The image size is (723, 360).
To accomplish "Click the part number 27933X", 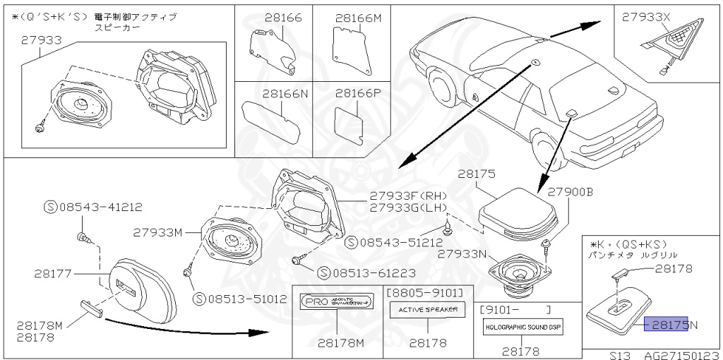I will [x=645, y=18].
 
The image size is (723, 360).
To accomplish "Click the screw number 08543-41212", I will [x=93, y=207].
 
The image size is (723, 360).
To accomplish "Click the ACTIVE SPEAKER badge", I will [x=427, y=309].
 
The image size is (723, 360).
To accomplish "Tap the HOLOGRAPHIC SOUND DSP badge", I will [x=523, y=328].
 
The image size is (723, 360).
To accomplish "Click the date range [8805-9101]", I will [x=426, y=292].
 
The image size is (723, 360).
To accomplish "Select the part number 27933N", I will [x=464, y=253].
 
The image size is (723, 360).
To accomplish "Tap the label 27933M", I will [x=158, y=232].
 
